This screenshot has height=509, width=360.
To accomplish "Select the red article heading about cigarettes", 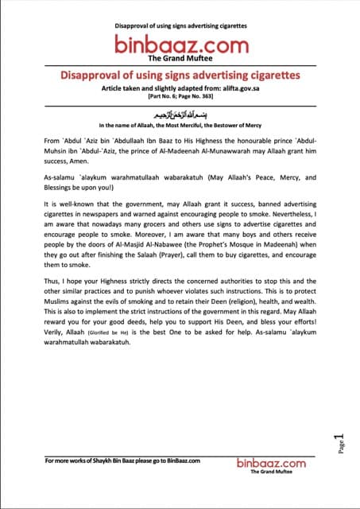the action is [x=180, y=75].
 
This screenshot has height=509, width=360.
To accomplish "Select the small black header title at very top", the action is [x=180, y=25].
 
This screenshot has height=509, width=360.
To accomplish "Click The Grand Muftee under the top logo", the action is [x=179, y=58].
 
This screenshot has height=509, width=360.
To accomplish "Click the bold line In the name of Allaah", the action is [x=180, y=126].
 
